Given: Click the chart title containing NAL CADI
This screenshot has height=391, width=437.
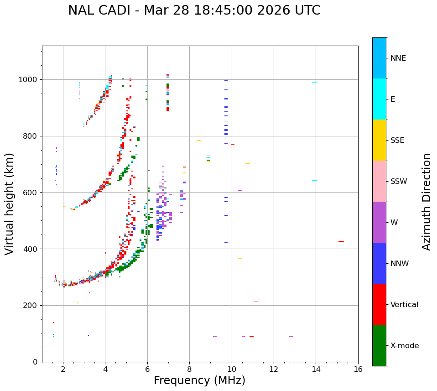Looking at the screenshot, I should (x=194, y=10).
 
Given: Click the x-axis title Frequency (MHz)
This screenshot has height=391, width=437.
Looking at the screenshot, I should (x=199, y=381).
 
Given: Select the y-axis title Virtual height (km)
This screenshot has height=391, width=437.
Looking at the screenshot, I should (x=10, y=203).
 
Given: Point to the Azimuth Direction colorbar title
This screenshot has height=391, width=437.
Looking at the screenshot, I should (x=427, y=202).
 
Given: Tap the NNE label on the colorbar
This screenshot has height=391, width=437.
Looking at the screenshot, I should (x=398, y=58).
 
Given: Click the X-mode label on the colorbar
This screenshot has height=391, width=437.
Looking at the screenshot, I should (x=404, y=346).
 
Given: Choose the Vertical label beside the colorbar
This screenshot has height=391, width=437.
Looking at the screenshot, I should (x=404, y=305).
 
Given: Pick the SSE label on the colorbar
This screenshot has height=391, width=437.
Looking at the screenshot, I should (x=397, y=141).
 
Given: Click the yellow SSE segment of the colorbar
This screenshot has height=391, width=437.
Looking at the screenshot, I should (x=379, y=140).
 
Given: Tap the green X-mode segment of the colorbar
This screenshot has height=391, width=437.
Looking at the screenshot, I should (x=379, y=345).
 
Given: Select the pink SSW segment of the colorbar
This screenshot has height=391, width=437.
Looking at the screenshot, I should (x=379, y=181).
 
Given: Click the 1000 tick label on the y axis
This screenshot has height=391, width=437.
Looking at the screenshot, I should (x=30, y=80).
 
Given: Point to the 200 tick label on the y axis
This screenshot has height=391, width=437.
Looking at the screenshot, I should (x=32, y=306).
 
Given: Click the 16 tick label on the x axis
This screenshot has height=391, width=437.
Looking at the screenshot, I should (x=358, y=369).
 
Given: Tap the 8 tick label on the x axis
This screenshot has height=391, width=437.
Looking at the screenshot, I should (x=189, y=369).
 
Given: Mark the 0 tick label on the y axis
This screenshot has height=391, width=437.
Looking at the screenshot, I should (x=36, y=362).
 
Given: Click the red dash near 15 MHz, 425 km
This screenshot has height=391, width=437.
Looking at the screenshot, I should (x=341, y=241).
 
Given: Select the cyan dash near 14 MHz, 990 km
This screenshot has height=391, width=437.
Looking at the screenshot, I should (x=314, y=82).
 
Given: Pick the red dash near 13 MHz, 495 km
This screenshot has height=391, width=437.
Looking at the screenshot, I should (x=295, y=222).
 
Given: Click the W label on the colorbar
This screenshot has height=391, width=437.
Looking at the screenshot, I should (x=394, y=223).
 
